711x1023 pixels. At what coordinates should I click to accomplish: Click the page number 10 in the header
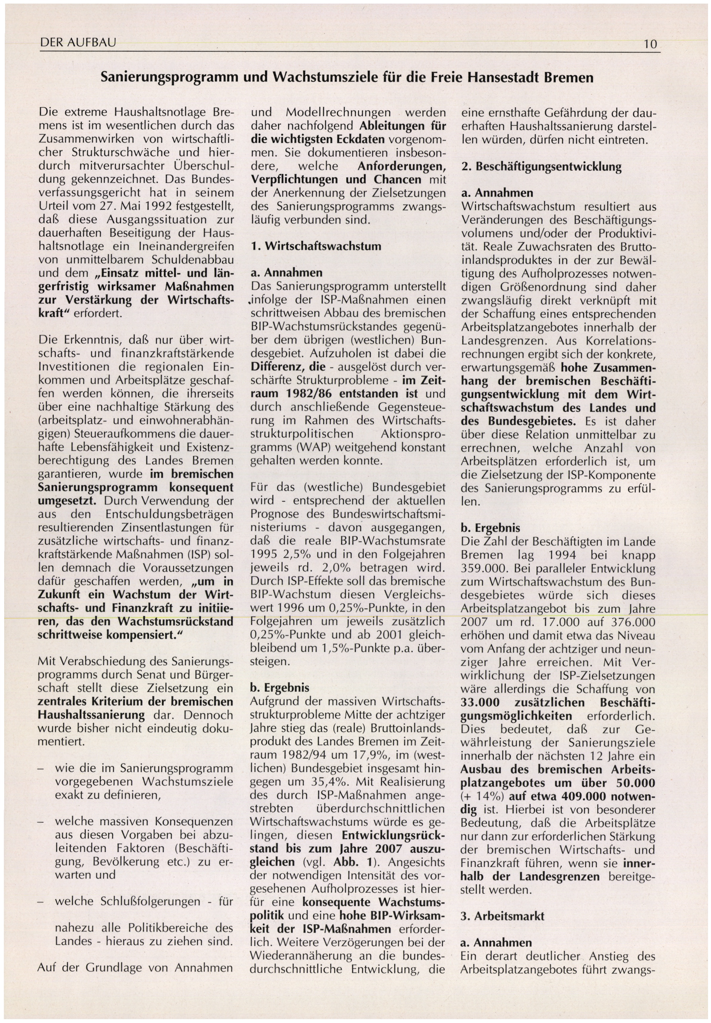pos(650,44)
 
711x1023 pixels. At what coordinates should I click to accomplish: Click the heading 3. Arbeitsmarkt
pos(503,916)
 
